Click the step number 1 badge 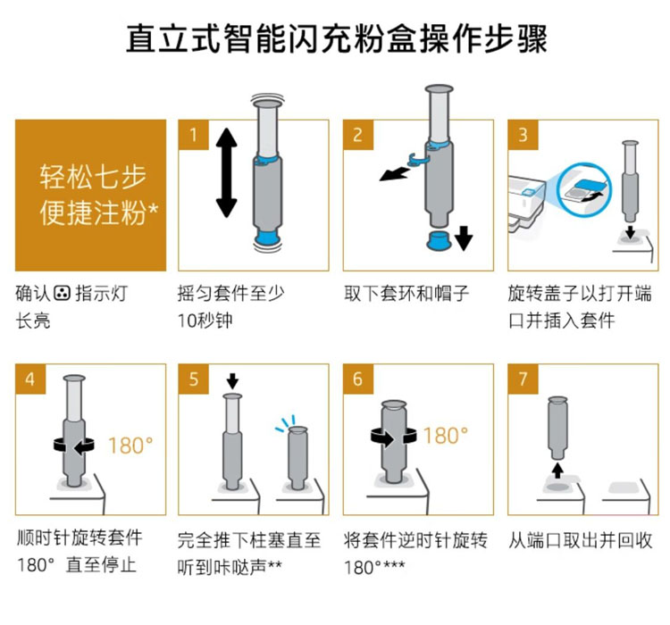pyautogui.click(x=193, y=135)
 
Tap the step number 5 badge pyautogui.click(x=193, y=379)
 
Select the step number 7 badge pyautogui.click(x=523, y=379)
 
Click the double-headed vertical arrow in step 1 pyautogui.click(x=227, y=172)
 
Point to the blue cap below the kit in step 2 pyautogui.click(x=439, y=240)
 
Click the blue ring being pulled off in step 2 pyautogui.click(x=418, y=159)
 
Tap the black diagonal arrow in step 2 pyautogui.click(x=394, y=174)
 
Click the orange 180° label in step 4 pyautogui.click(x=130, y=446)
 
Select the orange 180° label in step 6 pyautogui.click(x=446, y=436)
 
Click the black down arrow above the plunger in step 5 pyautogui.click(x=232, y=381)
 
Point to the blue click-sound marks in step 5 pyautogui.click(x=285, y=423)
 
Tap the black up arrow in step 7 pyautogui.click(x=557, y=471)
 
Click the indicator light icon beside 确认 pyautogui.click(x=62, y=293)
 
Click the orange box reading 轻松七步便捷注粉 pyautogui.click(x=90, y=196)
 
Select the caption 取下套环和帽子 pyautogui.click(x=406, y=294)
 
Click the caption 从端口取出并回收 pyautogui.click(x=581, y=540)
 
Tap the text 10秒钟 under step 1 pyautogui.click(x=205, y=321)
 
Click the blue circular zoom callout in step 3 pyautogui.click(x=585, y=188)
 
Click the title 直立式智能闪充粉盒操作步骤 pyautogui.click(x=337, y=39)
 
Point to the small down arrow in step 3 pyautogui.click(x=630, y=233)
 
